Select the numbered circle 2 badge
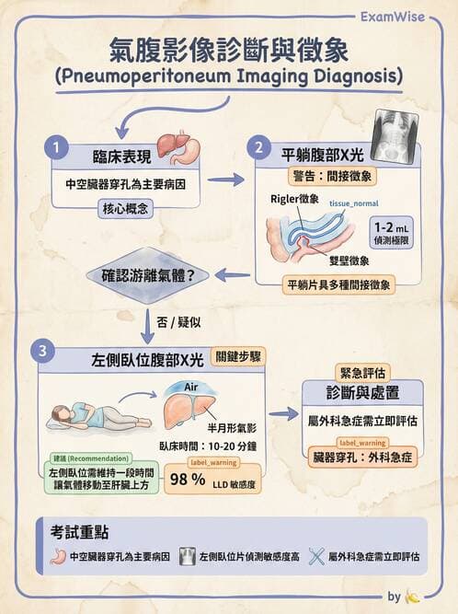(x=260, y=147)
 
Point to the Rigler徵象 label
(x=294, y=199)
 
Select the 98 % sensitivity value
(x=187, y=480)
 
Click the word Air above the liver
(x=192, y=387)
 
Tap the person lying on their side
(x=83, y=416)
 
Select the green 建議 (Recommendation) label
(x=86, y=458)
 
